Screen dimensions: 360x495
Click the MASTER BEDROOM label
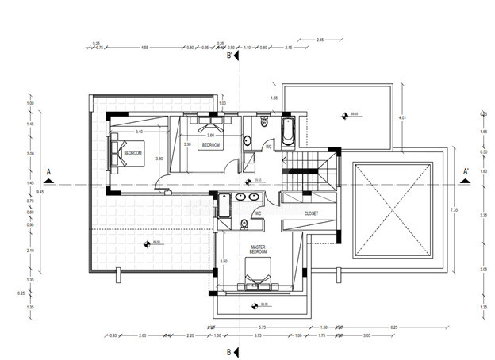point(258,250)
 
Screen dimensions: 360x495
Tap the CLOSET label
point(311,213)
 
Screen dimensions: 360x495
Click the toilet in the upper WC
point(262,124)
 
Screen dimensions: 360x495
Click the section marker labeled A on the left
point(49,171)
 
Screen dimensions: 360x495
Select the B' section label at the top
point(230,56)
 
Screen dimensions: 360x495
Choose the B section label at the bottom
point(228,351)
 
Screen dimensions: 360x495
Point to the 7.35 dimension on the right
point(454,209)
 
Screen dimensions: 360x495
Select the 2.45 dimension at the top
point(320,39)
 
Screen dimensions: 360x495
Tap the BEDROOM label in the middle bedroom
point(210,145)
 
